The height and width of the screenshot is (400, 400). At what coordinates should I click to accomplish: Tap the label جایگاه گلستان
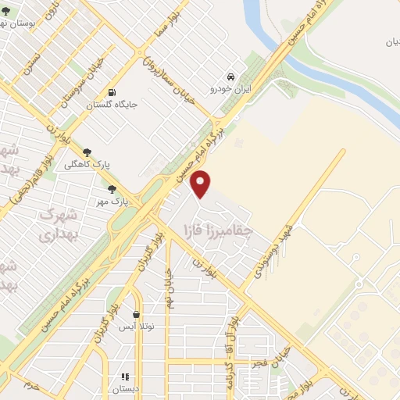[115, 104]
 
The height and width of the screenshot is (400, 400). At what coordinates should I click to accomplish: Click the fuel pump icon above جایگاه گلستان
[114, 91]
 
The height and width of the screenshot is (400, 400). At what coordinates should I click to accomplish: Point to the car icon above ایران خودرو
[231, 77]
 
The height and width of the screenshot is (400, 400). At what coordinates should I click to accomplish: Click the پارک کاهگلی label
[87, 165]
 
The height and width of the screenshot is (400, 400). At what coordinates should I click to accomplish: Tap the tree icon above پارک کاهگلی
[87, 152]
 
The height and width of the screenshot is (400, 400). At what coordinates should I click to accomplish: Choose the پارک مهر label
[112, 202]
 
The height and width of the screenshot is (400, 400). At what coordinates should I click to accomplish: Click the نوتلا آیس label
[137, 327]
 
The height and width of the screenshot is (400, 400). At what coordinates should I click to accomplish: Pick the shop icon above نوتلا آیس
[137, 315]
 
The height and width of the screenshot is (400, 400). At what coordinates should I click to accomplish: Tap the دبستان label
[124, 389]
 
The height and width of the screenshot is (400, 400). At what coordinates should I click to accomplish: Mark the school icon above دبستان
[124, 377]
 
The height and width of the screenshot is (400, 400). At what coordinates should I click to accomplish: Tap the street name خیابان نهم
[170, 284]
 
